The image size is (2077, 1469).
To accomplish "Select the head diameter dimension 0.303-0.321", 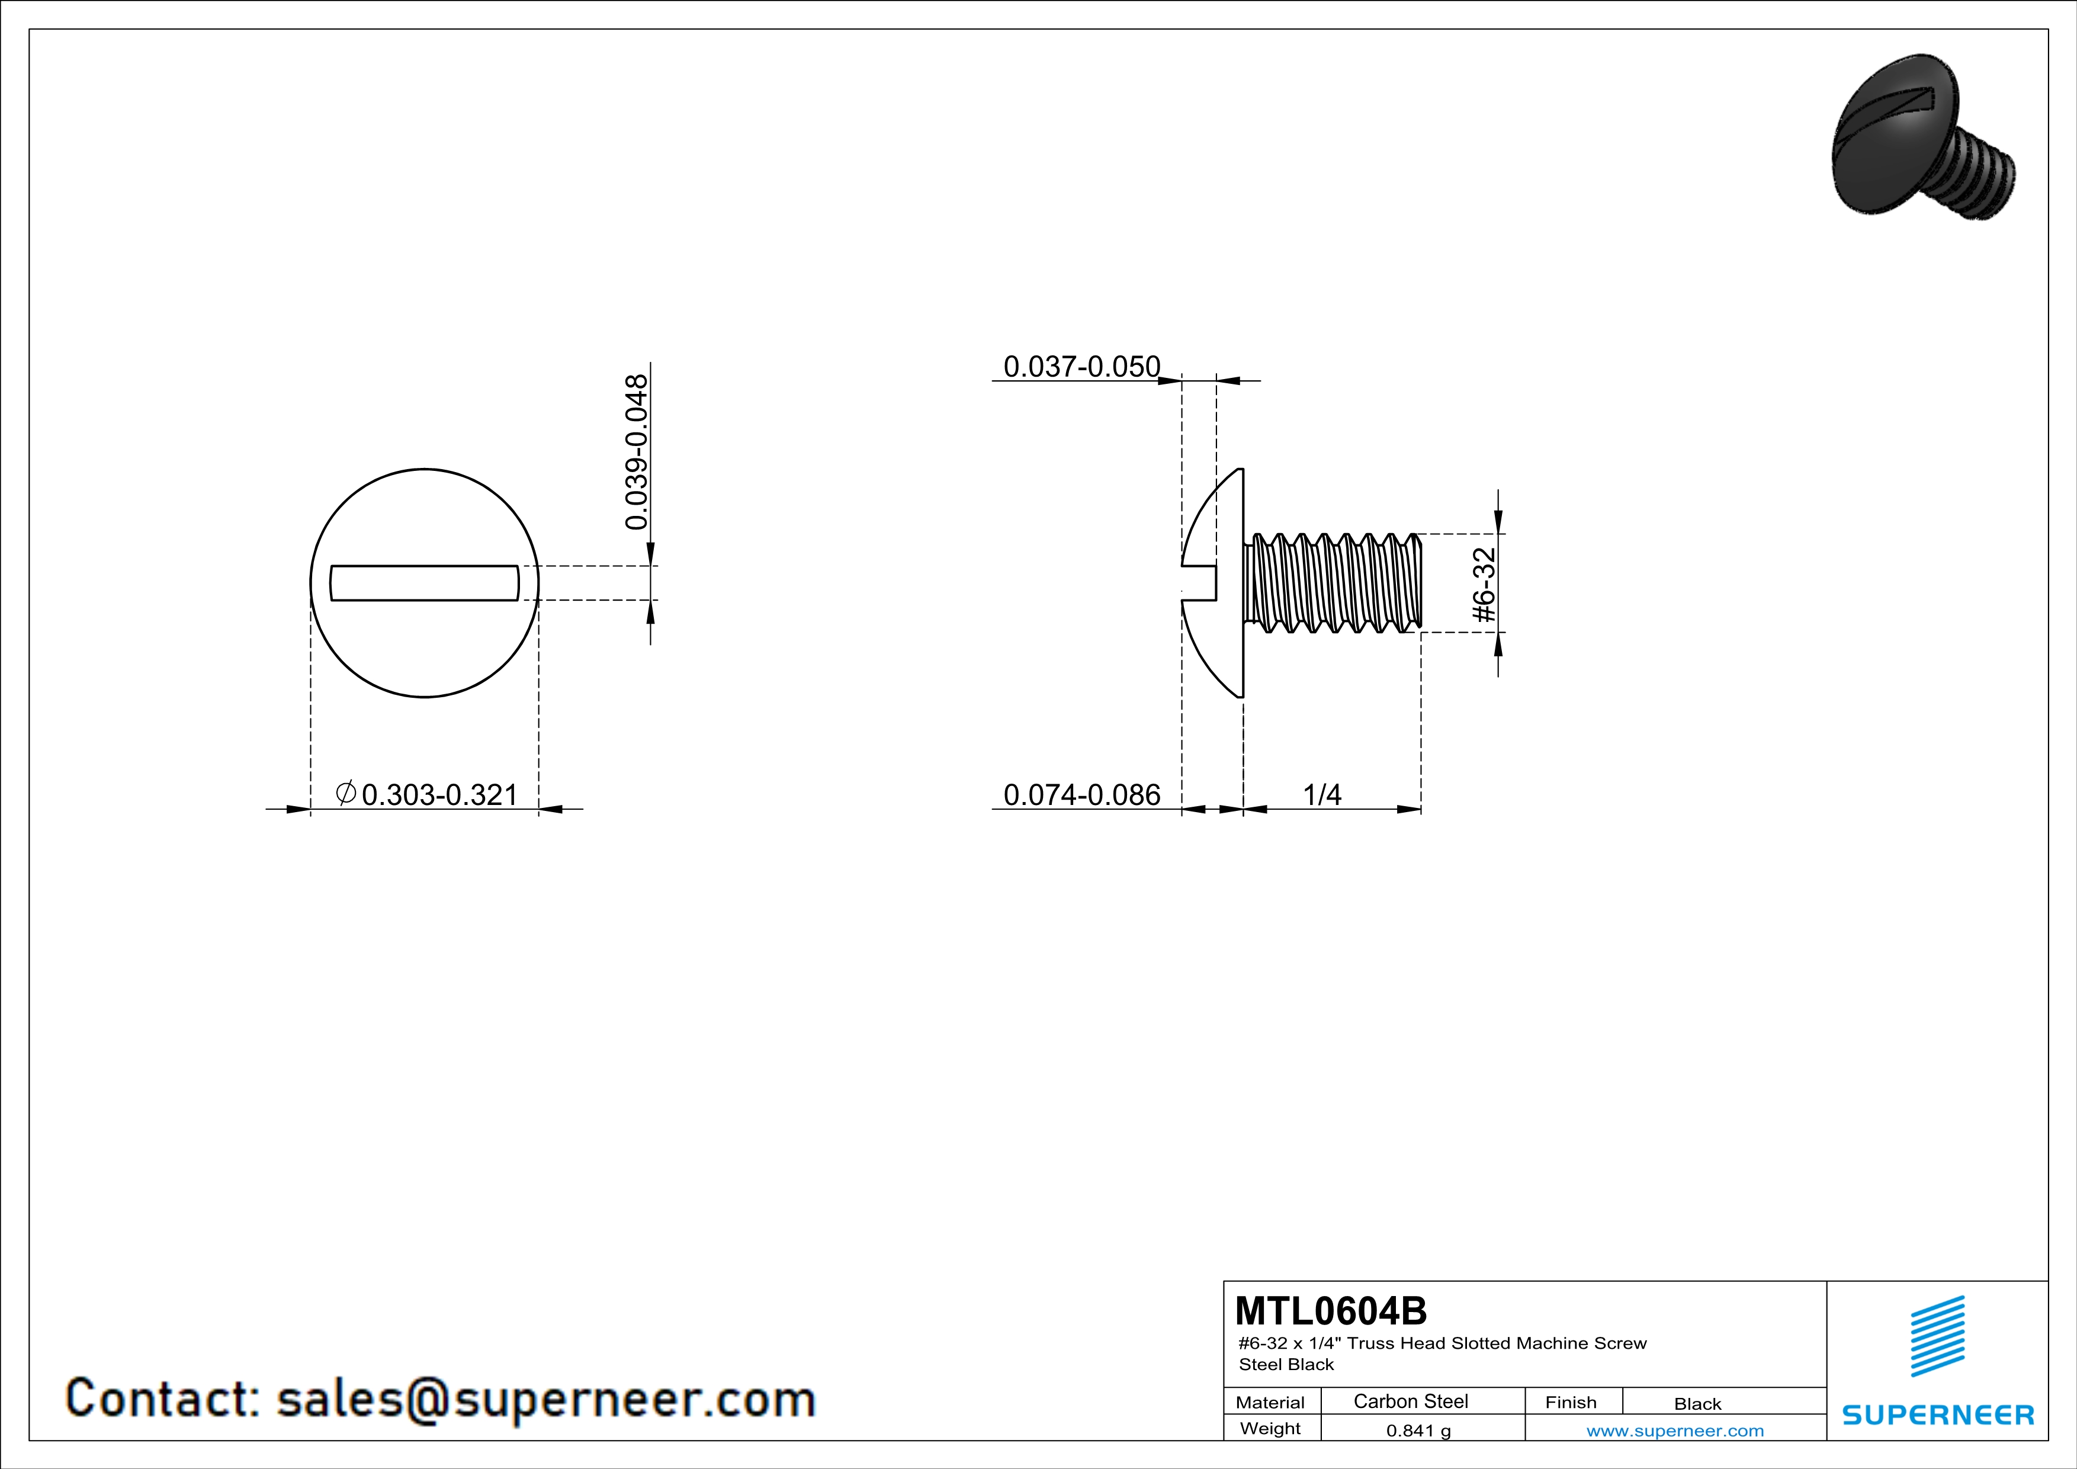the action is point(439,794).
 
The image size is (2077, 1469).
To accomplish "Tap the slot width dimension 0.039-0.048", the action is point(637,453).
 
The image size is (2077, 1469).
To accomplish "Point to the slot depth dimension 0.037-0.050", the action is point(1082,366).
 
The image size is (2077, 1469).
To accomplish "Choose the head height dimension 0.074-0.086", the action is point(1082,794).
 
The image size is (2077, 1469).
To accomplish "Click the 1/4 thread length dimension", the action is point(1322,794).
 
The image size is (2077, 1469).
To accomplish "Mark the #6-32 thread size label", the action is point(1485,585).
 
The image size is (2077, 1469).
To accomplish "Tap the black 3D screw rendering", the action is point(1923,149).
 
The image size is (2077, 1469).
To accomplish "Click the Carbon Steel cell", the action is point(1410,1401).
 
